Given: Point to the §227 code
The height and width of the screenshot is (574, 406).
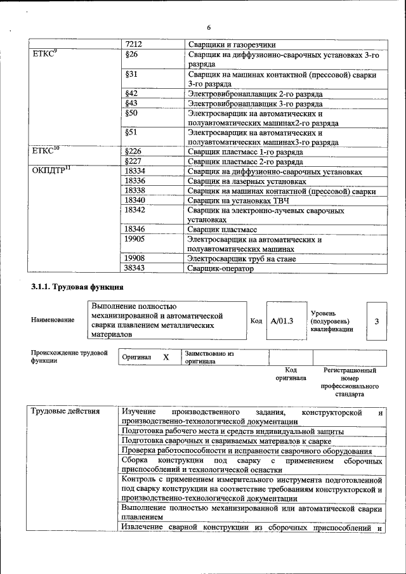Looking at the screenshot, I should [x=133, y=162].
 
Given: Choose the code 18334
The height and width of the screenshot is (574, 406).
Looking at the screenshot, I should [x=135, y=172].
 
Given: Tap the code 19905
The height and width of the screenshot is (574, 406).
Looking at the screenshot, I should [x=135, y=239].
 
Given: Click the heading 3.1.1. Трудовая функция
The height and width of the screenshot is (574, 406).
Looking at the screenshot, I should [x=68, y=288].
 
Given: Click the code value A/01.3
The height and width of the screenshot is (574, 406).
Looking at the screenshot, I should [x=282, y=321].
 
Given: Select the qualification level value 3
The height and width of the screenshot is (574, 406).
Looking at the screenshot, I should [x=376, y=321].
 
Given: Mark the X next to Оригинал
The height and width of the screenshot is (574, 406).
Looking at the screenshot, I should [x=166, y=358].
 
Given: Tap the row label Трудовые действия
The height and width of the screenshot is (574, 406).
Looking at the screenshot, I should [x=66, y=412].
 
